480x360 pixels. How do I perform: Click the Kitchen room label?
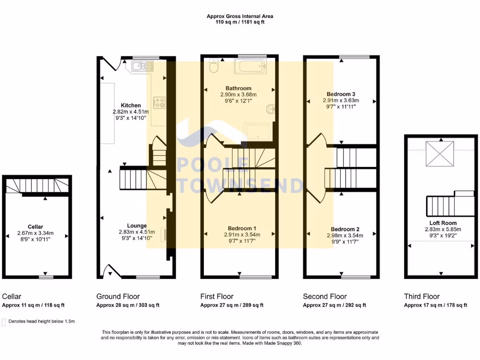pyautogui.click(x=128, y=105)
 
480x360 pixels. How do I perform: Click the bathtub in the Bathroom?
pyautogui.click(x=253, y=66)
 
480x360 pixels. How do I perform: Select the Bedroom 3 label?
pyautogui.click(x=341, y=94)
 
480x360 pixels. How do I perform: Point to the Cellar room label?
pyautogui.click(x=36, y=226)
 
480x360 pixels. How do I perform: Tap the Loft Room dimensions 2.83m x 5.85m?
pyautogui.click(x=443, y=229)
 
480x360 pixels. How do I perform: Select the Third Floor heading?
pyautogui.click(x=422, y=296)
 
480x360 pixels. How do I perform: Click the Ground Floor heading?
pyautogui.click(x=118, y=296)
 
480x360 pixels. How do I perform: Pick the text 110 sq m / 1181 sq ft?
pyautogui.click(x=240, y=22)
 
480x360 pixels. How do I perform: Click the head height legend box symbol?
pyautogui.click(x=4, y=322)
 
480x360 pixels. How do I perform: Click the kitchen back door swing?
pyautogui.click(x=107, y=64)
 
